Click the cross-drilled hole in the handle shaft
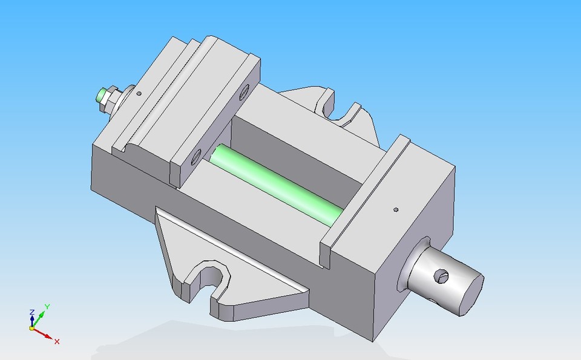point(443,277)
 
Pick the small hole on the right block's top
point(395,210)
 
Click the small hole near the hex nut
point(139,94)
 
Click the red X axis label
point(57,342)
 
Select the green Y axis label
point(47,307)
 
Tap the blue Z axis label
point(31,312)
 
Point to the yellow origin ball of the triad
point(32,328)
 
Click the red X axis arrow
point(45,335)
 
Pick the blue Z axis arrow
point(31,319)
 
